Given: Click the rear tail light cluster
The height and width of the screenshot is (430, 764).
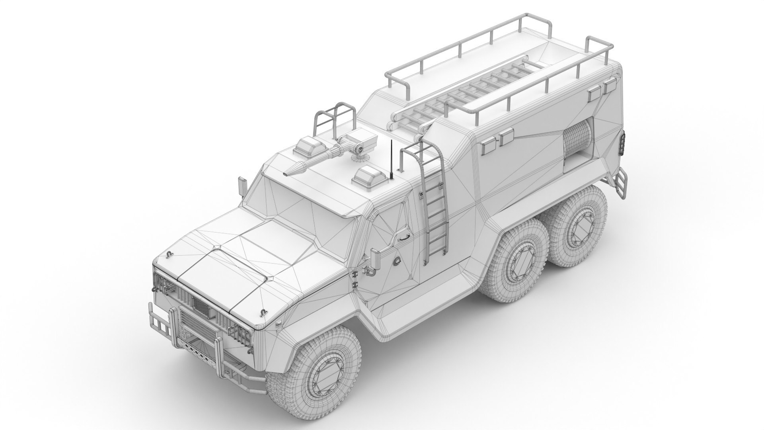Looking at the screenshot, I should [x=622, y=143].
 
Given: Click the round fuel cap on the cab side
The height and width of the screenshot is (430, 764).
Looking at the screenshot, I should [x=397, y=260].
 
